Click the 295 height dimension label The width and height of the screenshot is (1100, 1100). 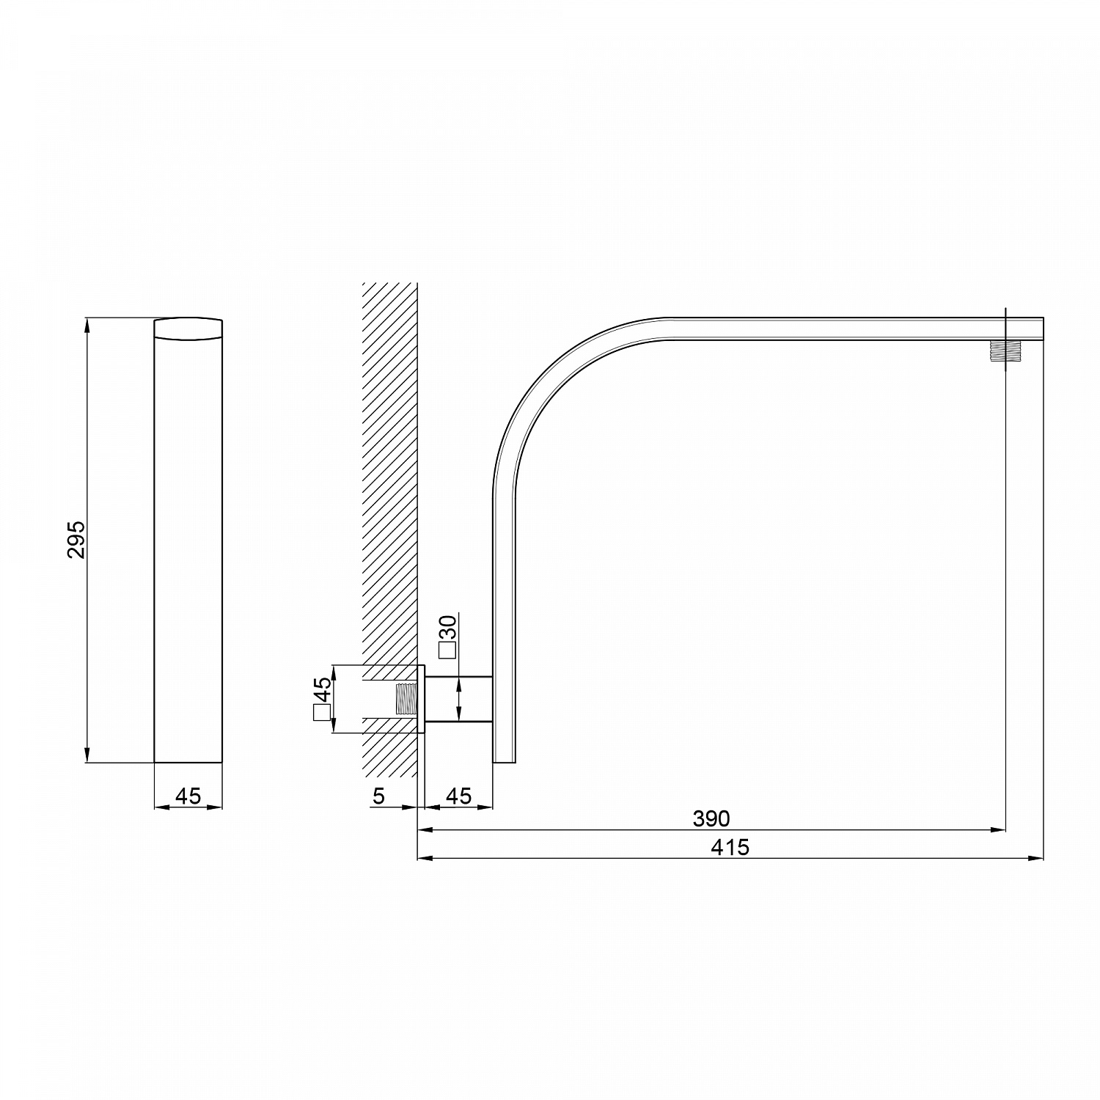77,540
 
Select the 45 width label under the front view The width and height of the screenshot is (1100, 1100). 188,795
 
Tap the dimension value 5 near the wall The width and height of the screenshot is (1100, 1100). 378,795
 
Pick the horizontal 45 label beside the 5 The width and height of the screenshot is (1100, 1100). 459,795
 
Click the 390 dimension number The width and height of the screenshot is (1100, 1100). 711,818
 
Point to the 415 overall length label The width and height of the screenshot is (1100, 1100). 730,847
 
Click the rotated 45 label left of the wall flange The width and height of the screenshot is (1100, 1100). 322,689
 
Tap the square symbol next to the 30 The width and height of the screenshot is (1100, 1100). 447,649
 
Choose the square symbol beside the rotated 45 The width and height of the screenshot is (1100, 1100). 322,712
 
